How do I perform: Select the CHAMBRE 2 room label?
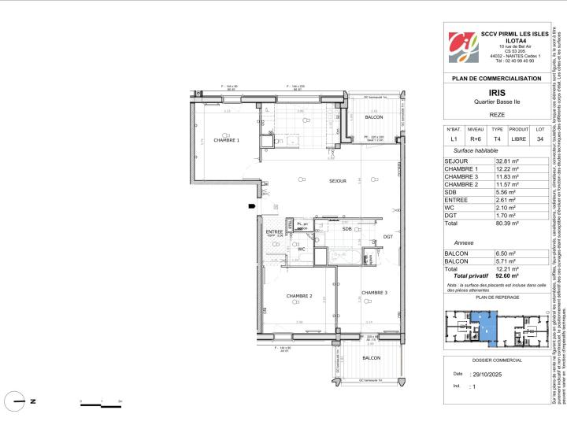(300, 296)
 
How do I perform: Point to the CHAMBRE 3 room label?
(375, 292)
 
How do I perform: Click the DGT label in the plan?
(387, 236)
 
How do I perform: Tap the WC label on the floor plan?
(301, 249)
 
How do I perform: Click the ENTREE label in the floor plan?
(274, 231)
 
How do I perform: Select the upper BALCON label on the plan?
(374, 117)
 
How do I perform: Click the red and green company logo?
(461, 49)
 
